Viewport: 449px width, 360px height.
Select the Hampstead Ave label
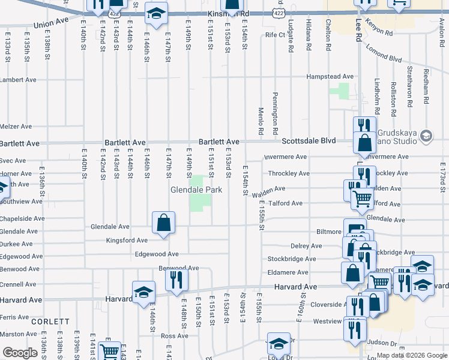pos(330,77)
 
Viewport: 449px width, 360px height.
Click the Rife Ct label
pos(275,35)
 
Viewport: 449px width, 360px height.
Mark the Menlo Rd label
pos(261,121)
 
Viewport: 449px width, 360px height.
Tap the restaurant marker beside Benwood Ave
pos(176,280)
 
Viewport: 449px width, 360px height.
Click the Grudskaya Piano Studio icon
pos(427,136)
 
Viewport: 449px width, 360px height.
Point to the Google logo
pos(20,353)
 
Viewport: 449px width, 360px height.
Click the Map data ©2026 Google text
pos(411,355)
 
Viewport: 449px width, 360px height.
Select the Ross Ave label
pos(175,336)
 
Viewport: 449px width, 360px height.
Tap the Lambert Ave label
pos(18,80)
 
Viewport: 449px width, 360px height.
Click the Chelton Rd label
pos(329,38)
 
